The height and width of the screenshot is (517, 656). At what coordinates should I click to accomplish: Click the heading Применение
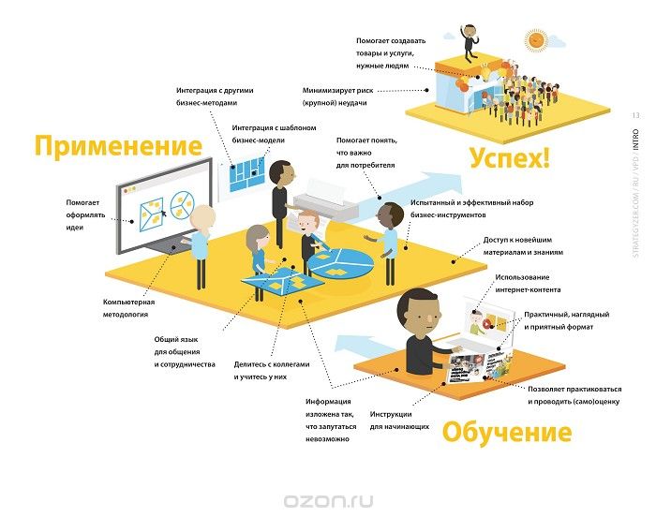(118, 146)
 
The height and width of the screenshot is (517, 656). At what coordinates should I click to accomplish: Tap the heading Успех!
(509, 157)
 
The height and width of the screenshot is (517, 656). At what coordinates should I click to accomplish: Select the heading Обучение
(507, 432)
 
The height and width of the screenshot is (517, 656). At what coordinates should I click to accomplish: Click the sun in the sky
(536, 39)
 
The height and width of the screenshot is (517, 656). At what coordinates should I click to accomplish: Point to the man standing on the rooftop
(470, 43)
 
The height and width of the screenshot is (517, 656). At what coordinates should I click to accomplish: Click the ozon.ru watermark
(328, 501)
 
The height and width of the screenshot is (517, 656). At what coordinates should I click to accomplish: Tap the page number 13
(636, 115)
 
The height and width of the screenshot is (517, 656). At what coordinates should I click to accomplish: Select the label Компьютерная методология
(128, 308)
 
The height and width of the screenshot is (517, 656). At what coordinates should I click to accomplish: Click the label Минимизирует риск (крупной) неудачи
(337, 96)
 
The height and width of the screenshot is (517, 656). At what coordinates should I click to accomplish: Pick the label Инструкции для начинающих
(399, 421)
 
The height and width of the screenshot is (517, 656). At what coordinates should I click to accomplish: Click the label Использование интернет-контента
(528, 283)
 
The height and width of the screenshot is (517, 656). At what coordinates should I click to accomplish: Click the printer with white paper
(325, 200)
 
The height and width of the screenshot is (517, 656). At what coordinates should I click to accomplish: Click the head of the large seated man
(418, 311)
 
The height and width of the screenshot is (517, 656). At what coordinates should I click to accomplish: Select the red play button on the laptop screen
(486, 324)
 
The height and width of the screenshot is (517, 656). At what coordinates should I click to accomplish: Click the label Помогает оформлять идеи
(85, 215)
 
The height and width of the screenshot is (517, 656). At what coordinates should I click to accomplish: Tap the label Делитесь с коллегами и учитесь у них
(272, 370)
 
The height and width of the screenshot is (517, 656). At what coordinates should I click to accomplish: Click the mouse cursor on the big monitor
(164, 214)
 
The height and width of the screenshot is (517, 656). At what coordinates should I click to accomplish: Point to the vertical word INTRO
(636, 140)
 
